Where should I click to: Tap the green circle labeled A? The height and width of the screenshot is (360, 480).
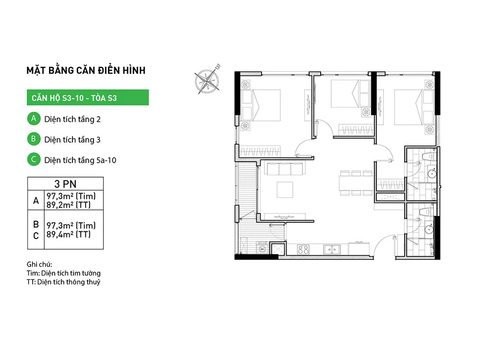[x=34, y=119]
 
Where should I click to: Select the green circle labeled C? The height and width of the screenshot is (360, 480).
[x=34, y=159]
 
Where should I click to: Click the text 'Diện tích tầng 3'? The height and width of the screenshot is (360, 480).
[x=72, y=140]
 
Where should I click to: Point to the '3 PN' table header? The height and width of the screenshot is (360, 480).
[x=65, y=184]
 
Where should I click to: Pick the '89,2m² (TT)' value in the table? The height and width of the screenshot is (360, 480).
[x=69, y=205]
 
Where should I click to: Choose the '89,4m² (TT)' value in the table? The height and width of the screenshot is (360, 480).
[x=69, y=234]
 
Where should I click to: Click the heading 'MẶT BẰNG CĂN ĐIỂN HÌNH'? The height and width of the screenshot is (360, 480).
[x=86, y=71]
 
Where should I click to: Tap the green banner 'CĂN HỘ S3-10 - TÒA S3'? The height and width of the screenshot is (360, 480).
[x=88, y=97]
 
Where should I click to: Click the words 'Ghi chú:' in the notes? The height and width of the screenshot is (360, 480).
[x=39, y=264]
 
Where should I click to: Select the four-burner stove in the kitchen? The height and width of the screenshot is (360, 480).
[x=303, y=250]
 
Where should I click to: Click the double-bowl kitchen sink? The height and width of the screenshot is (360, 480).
[x=332, y=250]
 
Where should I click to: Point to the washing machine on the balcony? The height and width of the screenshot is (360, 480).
[x=263, y=248]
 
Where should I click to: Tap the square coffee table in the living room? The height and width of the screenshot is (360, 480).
[x=285, y=190]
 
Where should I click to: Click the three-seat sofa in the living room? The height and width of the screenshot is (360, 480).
[x=285, y=168]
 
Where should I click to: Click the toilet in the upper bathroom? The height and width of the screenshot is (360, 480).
[x=429, y=156]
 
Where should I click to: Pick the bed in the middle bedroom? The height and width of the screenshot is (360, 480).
[x=345, y=94]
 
